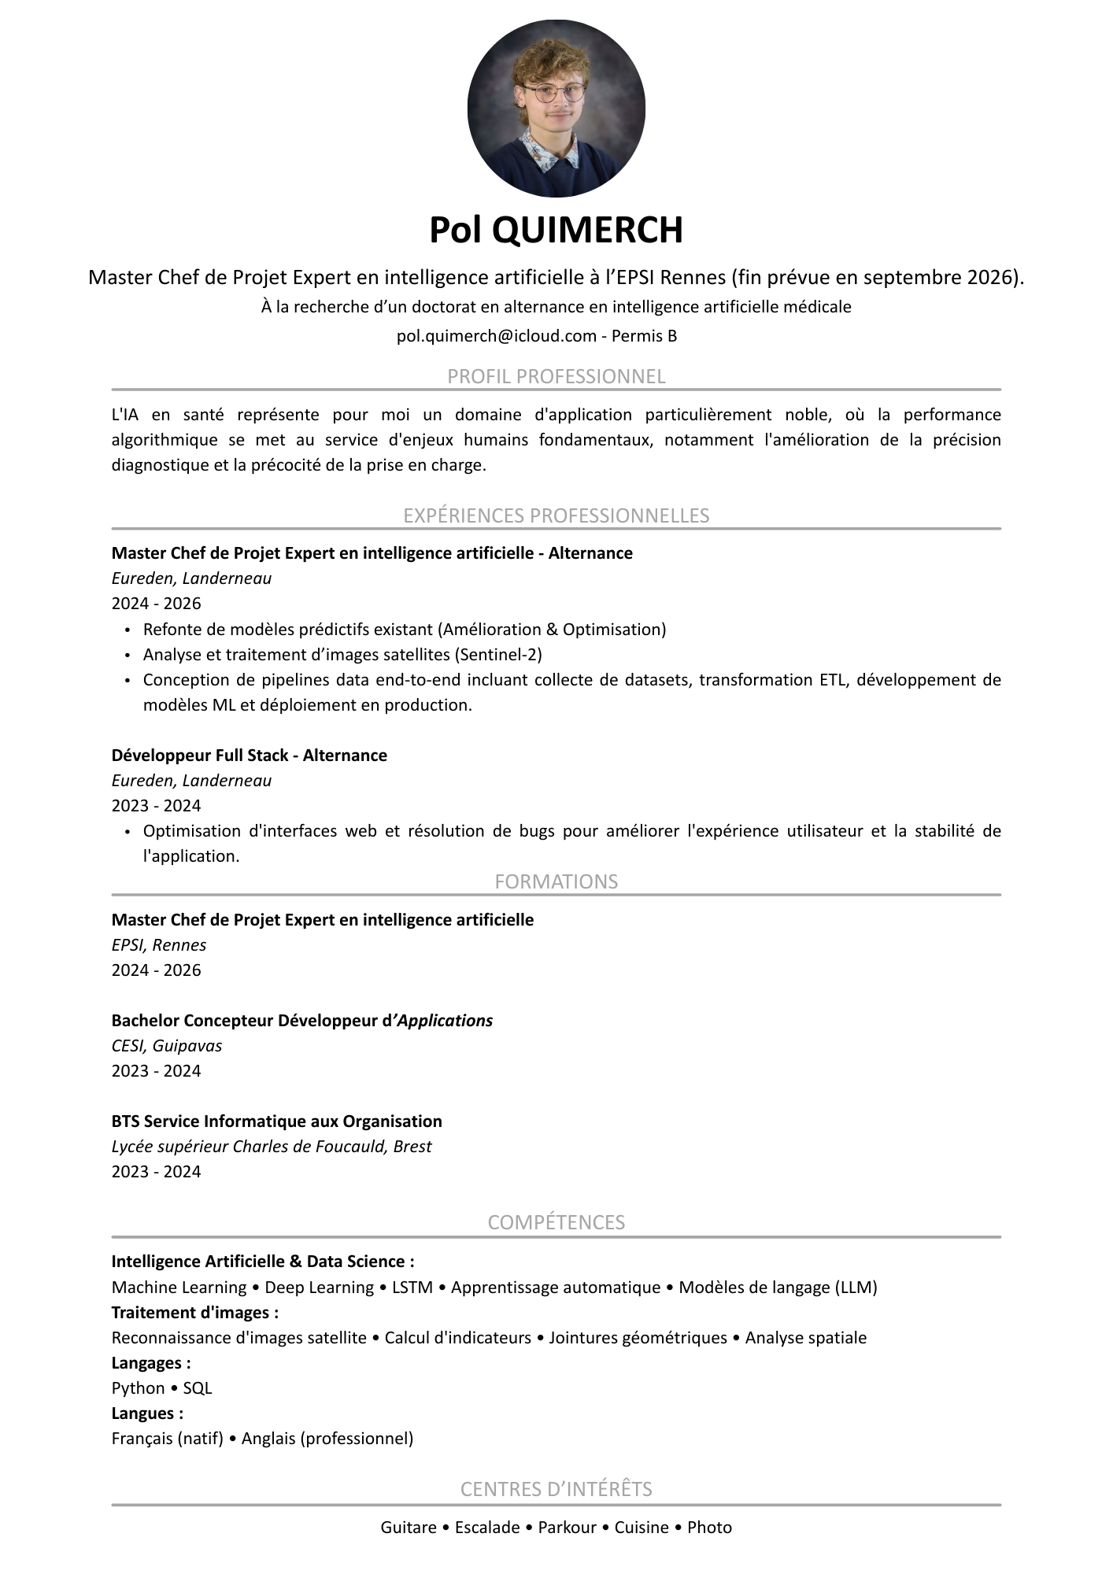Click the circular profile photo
[x=556, y=108]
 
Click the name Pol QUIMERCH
[x=556, y=230]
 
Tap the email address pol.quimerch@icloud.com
[x=497, y=336]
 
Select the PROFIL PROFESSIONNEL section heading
[x=556, y=376]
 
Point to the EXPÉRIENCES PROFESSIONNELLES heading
[x=556, y=515]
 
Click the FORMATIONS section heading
[x=556, y=881]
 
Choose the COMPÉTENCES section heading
[x=556, y=1222]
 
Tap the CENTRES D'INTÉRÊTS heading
[x=556, y=1489]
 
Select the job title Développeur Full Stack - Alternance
[x=249, y=756]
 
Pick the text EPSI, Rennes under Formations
[x=159, y=945]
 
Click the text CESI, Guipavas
[x=167, y=1046]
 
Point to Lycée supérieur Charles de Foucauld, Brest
[x=272, y=1147]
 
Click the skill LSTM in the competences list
[x=412, y=1288]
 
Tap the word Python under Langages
[x=138, y=1388]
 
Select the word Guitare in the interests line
[x=409, y=1528]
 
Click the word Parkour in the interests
[x=567, y=1528]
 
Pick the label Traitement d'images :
[x=195, y=1313]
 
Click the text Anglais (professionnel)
[x=327, y=1439]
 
